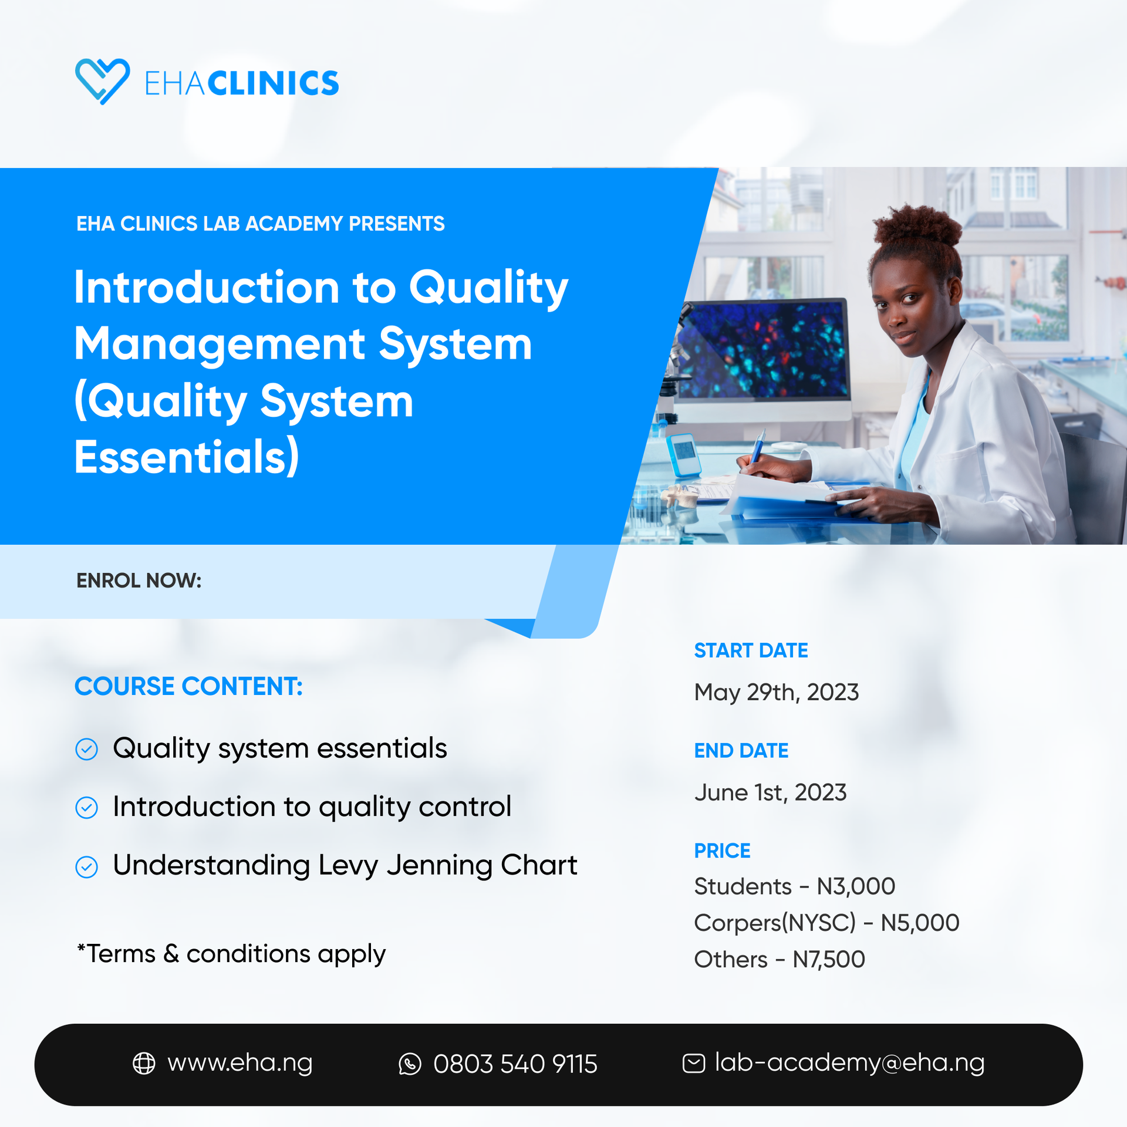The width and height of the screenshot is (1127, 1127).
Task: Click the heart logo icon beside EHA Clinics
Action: coord(102,81)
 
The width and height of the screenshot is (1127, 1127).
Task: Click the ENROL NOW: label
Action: coord(139,581)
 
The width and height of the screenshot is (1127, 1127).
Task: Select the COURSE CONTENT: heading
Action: coord(188,686)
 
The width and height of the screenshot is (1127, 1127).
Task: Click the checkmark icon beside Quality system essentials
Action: coord(87,750)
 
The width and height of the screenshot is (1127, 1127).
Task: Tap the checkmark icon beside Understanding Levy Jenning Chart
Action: coord(87,867)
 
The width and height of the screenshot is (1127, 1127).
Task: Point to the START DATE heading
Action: coord(751,650)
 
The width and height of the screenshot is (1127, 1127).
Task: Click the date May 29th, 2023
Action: coord(776,693)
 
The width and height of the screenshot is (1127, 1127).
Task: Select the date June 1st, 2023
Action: coord(770,793)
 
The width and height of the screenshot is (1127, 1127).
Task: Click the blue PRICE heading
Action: coord(722,851)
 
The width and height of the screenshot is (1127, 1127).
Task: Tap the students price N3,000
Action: coord(856,886)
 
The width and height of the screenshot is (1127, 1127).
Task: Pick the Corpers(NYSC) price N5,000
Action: coord(920,923)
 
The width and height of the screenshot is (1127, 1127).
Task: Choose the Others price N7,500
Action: coord(828,960)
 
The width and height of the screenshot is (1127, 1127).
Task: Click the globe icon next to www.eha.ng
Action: coord(144,1063)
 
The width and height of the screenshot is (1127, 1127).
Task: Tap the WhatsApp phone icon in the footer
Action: coord(410,1064)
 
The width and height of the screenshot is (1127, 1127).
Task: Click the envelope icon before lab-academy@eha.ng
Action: coord(693,1063)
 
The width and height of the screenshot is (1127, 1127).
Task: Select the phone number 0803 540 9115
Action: coord(515,1064)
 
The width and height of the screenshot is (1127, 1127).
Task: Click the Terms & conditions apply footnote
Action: coord(231,954)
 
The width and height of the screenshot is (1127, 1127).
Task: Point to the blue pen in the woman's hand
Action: coord(758,447)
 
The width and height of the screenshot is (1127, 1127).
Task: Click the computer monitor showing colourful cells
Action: coord(763,352)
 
